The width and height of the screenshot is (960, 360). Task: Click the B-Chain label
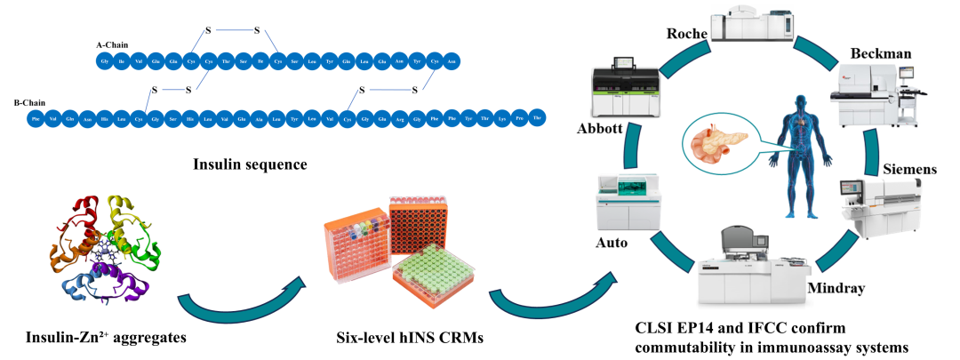[x=28, y=103]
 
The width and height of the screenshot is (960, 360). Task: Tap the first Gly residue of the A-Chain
[x=105, y=60]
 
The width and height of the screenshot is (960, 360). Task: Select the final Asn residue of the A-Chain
[x=452, y=60]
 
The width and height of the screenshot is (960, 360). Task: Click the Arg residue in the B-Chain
[x=400, y=117]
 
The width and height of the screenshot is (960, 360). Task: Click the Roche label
[x=686, y=34]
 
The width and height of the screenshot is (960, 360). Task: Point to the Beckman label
[x=881, y=54]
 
